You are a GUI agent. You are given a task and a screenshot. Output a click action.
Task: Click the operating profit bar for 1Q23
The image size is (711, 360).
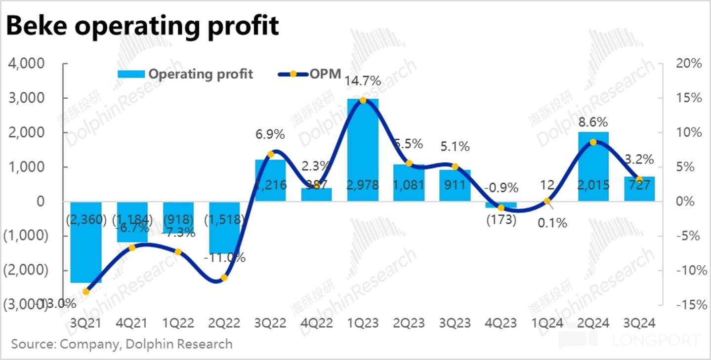point(363,148)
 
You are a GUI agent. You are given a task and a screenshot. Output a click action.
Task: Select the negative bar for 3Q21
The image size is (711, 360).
point(85,242)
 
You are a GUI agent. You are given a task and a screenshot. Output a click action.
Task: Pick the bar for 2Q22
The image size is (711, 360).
point(224,227)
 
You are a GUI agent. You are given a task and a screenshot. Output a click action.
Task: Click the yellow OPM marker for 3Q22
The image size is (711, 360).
point(271,155)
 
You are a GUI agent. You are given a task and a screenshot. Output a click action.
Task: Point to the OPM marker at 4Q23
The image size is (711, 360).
point(501,208)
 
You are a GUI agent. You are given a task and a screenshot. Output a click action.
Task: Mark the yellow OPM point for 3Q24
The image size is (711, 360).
point(639,179)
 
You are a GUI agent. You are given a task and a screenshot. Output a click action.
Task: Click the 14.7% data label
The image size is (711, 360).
point(362,81)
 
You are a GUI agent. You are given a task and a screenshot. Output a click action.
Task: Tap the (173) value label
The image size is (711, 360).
point(501,220)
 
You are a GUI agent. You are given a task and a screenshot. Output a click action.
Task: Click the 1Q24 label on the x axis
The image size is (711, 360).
point(546,323)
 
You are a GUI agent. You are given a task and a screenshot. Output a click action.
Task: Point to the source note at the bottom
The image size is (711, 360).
point(122,344)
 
